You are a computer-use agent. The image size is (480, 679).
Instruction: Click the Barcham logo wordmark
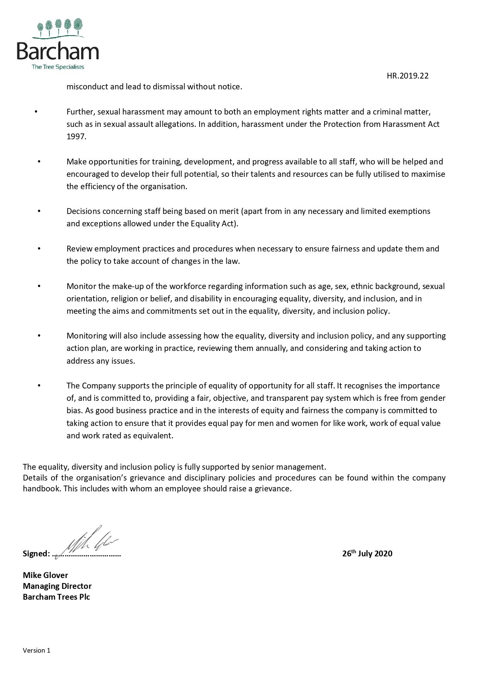[58, 51]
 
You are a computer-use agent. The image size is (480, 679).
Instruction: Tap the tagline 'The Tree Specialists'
[58, 67]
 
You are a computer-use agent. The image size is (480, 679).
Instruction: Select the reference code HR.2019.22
[407, 76]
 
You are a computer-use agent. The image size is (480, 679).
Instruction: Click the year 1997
[76, 137]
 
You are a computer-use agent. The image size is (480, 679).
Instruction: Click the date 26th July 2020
[367, 553]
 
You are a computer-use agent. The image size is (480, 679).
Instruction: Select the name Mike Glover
[45, 575]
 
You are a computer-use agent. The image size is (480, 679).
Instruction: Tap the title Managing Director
[57, 586]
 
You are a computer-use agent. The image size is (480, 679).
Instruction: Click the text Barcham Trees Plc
[56, 597]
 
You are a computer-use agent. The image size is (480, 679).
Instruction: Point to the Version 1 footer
[36, 650]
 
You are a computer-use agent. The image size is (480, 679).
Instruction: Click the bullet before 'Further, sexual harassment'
[36, 112]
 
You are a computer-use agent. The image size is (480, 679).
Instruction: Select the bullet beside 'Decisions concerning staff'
[39, 211]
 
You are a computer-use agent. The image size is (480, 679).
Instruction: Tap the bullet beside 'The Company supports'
[39, 386]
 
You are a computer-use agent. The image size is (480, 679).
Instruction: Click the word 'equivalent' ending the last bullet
[153, 436]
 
